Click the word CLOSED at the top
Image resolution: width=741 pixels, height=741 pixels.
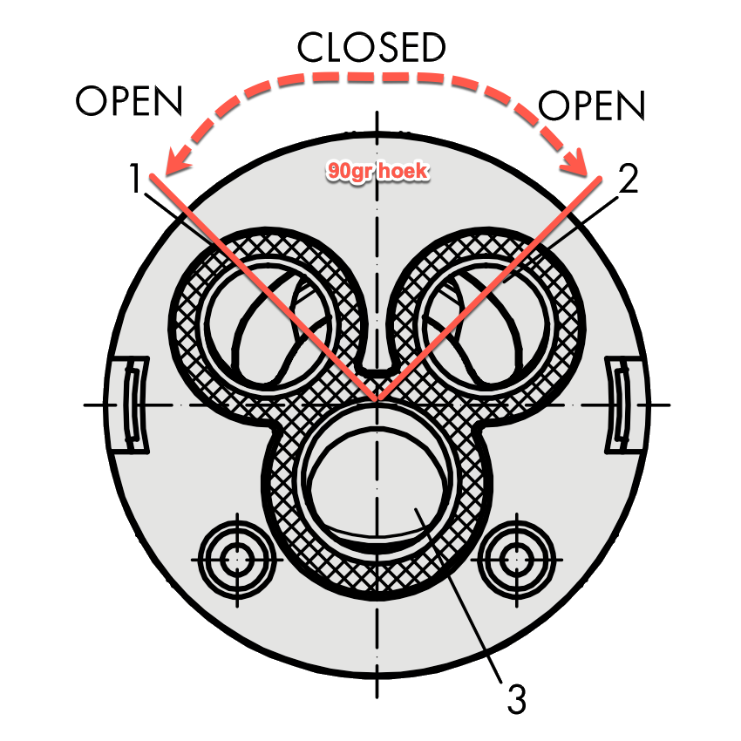[x=371, y=48]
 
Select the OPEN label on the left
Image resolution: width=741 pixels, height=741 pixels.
[x=129, y=102]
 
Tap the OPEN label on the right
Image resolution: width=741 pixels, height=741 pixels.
[x=592, y=106]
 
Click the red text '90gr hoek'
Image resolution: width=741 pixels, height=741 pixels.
[x=377, y=171]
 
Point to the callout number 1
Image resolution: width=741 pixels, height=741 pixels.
[x=138, y=181]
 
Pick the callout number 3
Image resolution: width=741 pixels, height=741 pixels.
[x=516, y=698]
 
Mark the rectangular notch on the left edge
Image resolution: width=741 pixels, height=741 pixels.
[x=129, y=406]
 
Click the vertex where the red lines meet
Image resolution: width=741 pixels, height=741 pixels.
[x=377, y=402]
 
